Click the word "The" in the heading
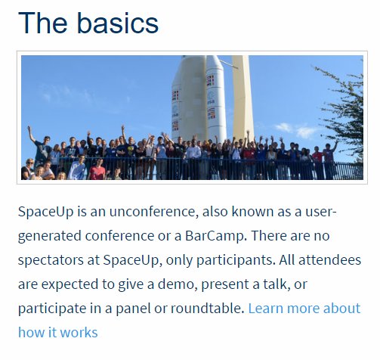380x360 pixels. click(42, 23)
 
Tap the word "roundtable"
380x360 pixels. click(205, 309)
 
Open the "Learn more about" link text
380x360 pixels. click(304, 309)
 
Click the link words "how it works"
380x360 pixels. click(58, 333)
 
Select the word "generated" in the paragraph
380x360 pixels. click(49, 235)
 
